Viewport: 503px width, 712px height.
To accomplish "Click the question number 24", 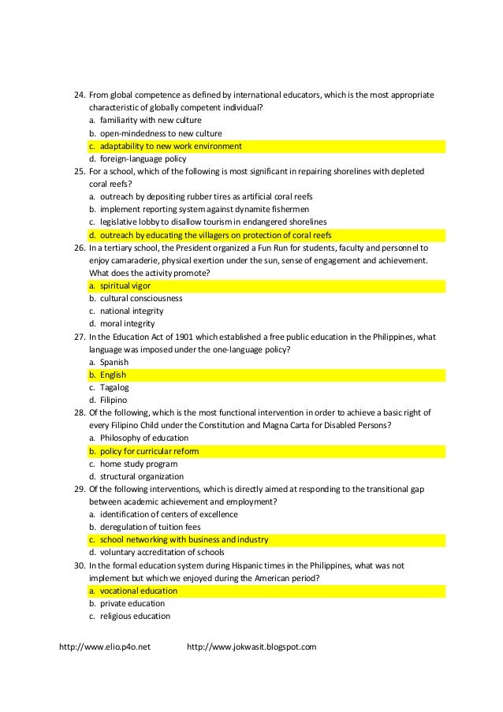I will [78, 95].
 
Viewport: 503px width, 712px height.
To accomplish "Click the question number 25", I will [78, 171].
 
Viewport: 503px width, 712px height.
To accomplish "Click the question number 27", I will [78, 337].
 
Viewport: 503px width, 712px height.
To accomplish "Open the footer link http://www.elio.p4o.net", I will [105, 647].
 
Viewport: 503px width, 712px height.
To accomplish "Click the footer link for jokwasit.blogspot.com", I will [251, 647].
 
